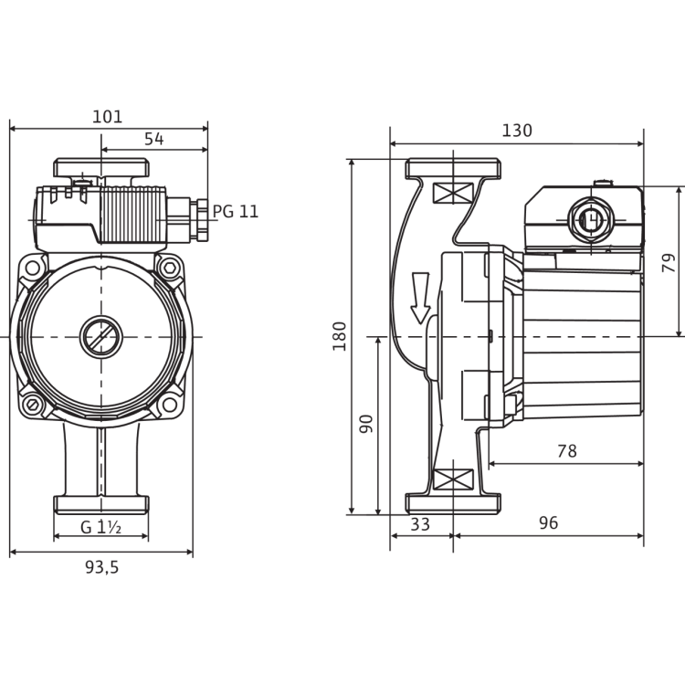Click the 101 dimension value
109,116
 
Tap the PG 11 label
237,211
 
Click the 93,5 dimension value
101,566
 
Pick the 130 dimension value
516,131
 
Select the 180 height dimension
341,338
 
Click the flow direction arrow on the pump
421,298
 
